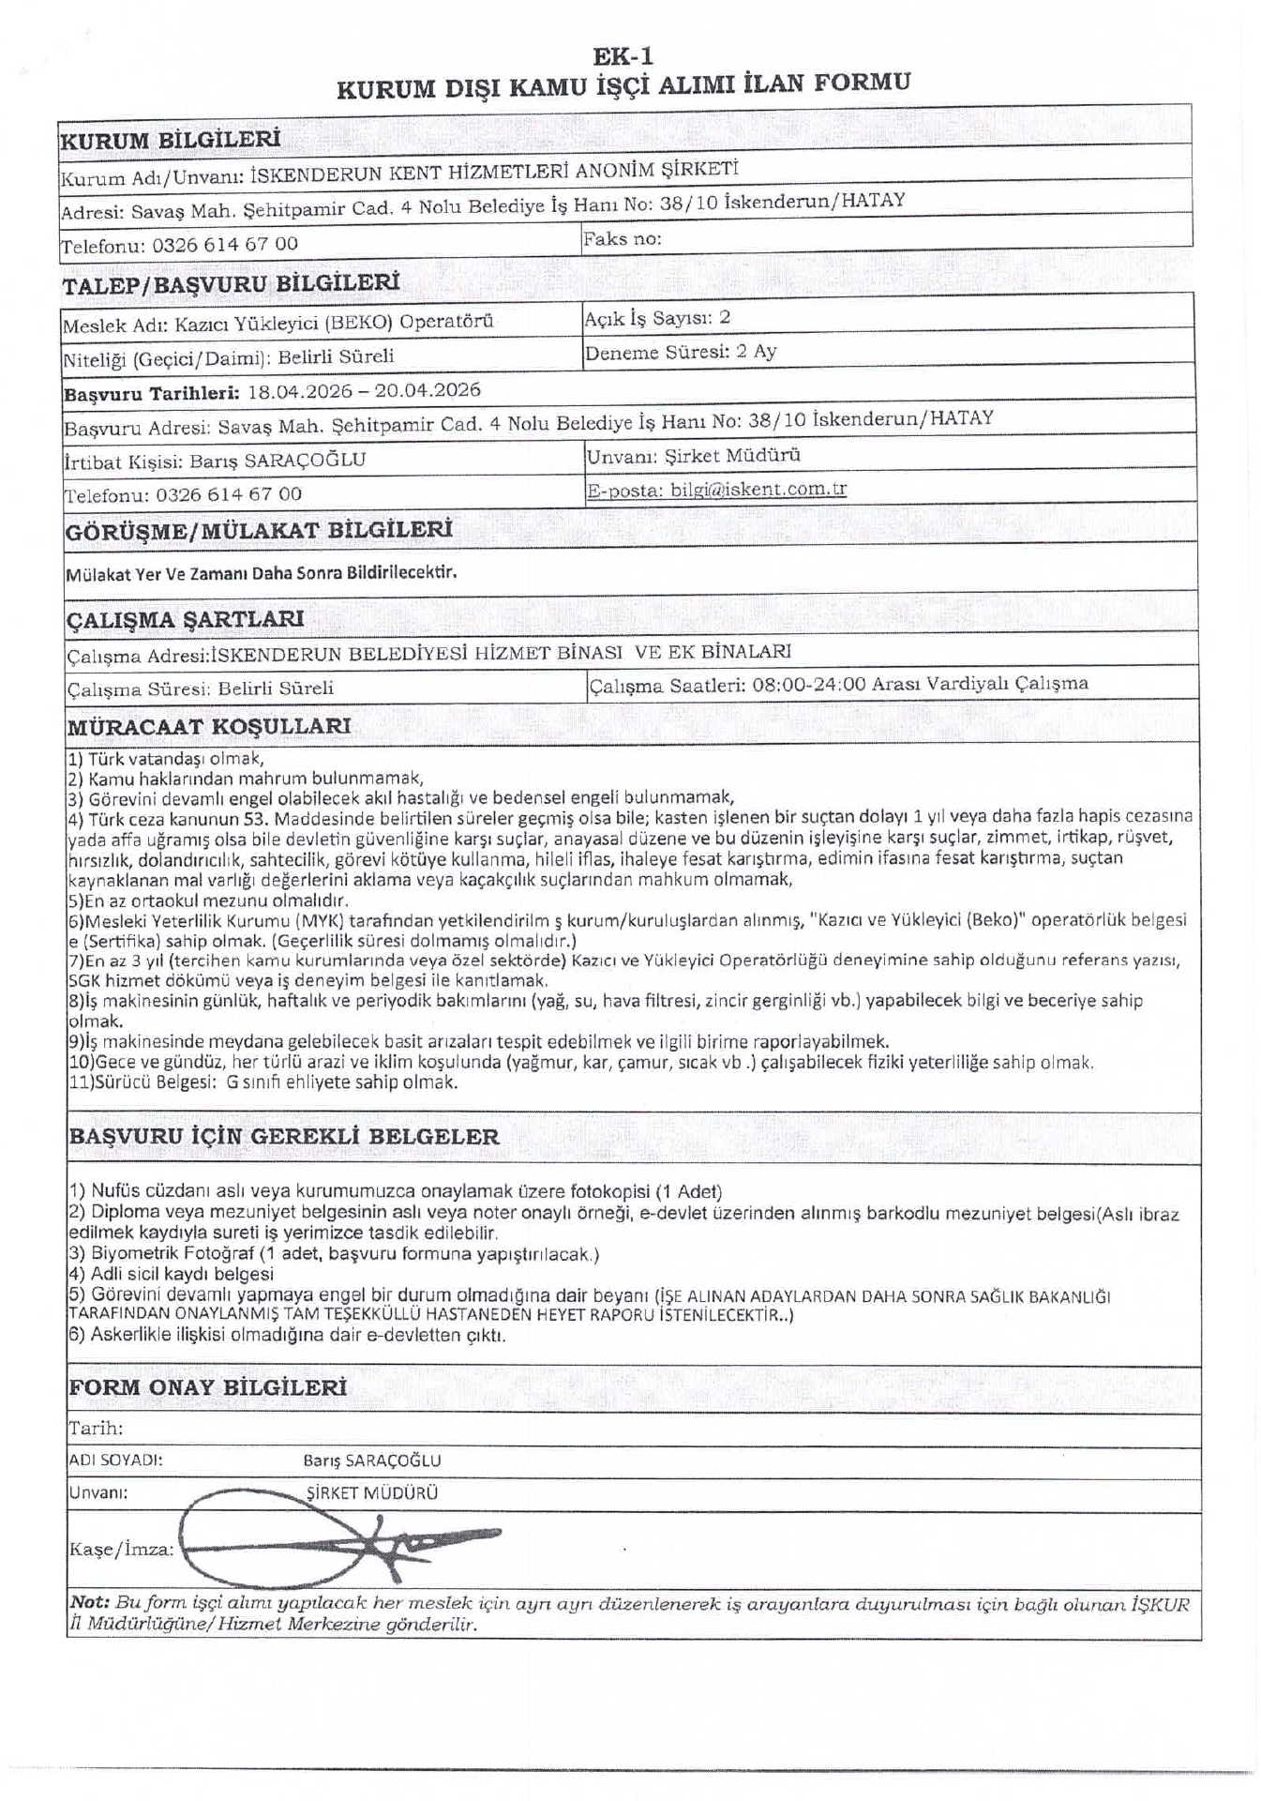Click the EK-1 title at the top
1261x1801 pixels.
tap(623, 56)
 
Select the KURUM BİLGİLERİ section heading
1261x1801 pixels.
tap(171, 141)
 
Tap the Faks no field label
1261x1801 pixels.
tap(622, 239)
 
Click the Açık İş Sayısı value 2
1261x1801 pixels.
tap(725, 318)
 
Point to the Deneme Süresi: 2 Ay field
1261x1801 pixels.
tap(681, 353)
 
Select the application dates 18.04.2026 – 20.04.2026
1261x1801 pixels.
tap(364, 391)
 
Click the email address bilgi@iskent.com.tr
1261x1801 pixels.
tap(758, 490)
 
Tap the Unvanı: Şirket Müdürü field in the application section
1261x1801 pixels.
tap(693, 457)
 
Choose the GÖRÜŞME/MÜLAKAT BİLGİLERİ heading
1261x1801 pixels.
tap(259, 531)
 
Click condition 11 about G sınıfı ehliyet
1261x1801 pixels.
tap(263, 1082)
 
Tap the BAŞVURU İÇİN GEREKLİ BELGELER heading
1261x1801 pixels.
tap(283, 1137)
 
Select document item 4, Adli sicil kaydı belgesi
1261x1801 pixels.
tap(172, 1274)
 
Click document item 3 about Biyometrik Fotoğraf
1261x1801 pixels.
tap(334, 1254)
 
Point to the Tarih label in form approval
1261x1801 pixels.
tap(96, 1429)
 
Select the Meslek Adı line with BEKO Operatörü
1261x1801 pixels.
tap(278, 324)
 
